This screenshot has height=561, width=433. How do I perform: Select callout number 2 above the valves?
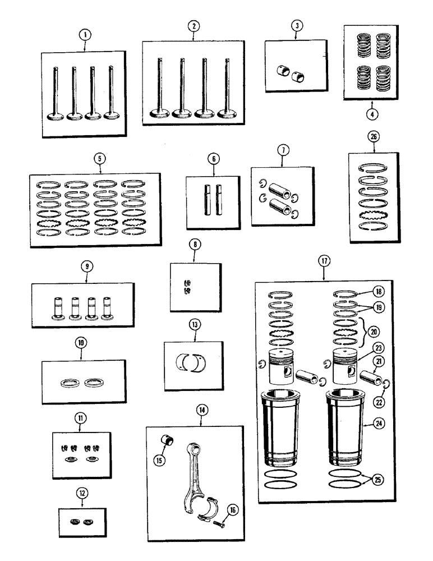pos(193,26)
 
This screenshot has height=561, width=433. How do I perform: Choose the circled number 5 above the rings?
pos(99,159)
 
